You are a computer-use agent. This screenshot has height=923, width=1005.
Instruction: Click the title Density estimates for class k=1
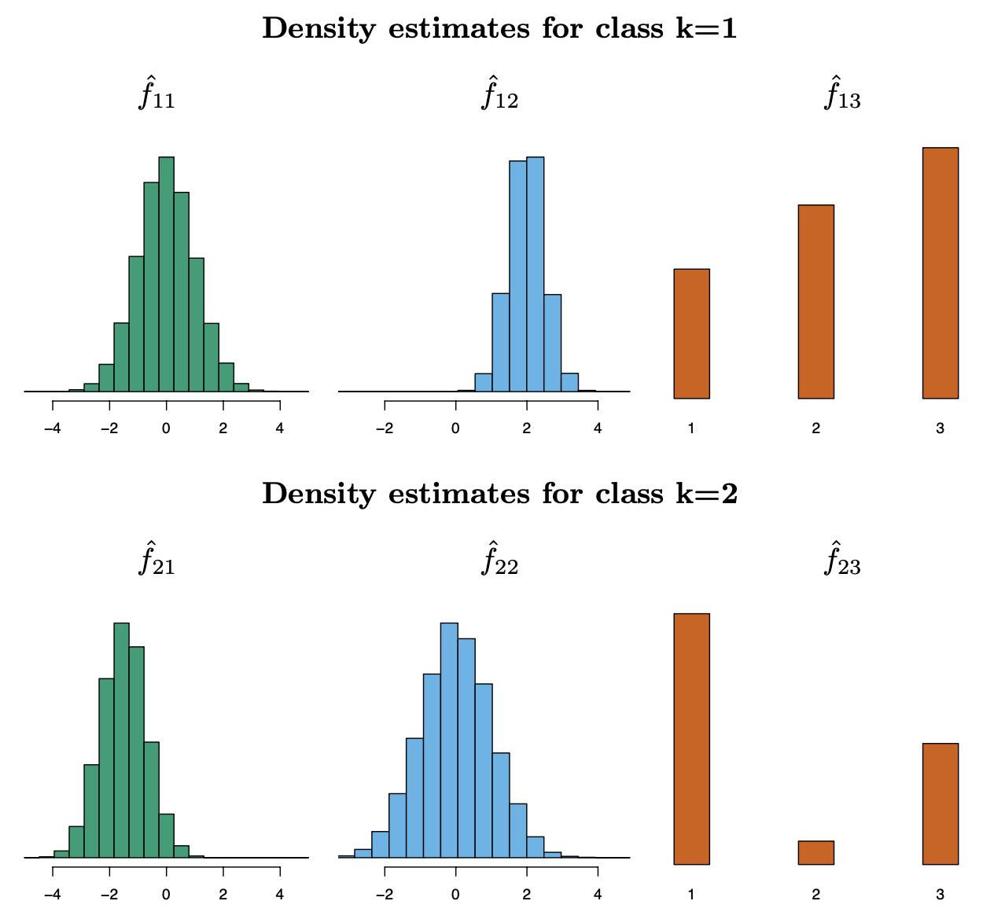pos(500,29)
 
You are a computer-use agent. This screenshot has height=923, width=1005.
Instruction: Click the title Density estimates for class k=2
pos(500,495)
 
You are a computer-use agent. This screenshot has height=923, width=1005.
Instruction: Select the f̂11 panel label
pos(157,95)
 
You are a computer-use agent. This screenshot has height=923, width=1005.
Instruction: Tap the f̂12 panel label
pos(500,95)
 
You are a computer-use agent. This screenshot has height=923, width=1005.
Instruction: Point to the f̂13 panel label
pos(842,95)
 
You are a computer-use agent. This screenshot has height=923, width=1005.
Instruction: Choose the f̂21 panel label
pos(157,561)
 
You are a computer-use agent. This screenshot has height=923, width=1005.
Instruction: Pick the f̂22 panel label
pos(500,561)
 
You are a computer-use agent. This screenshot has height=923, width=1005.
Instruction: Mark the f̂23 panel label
pos(842,561)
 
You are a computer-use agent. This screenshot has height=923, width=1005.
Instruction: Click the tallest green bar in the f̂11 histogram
pos(166,275)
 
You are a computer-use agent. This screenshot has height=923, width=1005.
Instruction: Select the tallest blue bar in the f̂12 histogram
pos(536,275)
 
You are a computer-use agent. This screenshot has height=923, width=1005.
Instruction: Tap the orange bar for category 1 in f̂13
pos(691,334)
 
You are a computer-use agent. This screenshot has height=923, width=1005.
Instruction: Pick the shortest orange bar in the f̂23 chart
pos(815,853)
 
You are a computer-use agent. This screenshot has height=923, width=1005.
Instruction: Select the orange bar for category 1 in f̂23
pos(691,739)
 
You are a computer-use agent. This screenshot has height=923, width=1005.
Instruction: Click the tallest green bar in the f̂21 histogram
pos(121,739)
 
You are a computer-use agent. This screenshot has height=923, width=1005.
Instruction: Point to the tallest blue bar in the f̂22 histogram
pos(448,739)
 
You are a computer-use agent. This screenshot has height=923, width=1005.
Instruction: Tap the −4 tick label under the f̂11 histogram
pos(53,428)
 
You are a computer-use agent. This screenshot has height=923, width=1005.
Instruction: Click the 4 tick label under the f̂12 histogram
pos(598,428)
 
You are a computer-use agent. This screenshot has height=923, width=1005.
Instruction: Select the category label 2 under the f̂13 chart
pos(815,429)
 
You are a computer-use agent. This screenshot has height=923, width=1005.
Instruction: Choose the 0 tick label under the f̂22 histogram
pos(455,894)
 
